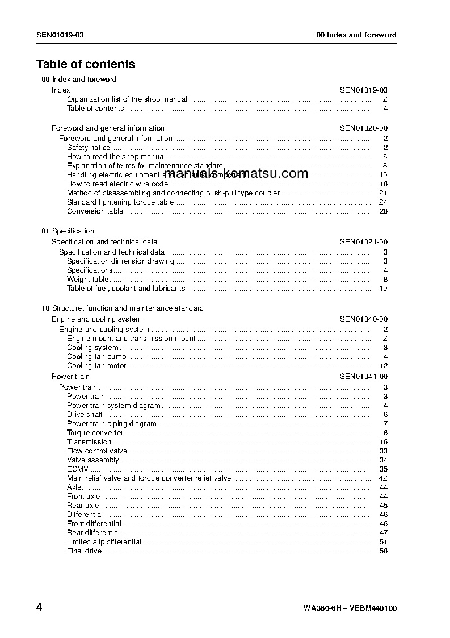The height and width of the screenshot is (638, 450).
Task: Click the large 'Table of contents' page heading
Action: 86,64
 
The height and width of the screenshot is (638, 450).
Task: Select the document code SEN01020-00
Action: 364,128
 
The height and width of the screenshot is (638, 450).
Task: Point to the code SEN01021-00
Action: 364,242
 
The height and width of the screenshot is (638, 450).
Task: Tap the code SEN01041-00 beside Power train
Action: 364,377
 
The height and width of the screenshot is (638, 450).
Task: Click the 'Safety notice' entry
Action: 89,148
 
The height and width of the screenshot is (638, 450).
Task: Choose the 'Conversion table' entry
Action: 95,211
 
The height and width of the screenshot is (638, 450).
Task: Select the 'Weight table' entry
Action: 87,280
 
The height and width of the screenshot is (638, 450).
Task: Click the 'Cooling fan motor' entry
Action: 96,366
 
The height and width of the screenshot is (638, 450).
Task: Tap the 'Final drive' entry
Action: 84,551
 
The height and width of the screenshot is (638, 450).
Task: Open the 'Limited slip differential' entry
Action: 104,542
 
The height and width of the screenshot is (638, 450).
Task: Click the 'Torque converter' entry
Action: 95,433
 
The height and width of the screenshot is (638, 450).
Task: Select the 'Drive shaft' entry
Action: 85,415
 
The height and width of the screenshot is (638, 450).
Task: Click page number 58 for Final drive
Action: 383,551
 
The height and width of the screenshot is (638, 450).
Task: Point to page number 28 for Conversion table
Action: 383,211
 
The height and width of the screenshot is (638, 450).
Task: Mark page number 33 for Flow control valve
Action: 383,451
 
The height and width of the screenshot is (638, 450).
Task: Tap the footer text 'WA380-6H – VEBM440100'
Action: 350,608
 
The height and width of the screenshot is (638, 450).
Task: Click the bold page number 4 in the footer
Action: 39,607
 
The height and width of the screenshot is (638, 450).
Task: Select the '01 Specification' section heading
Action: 68,231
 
